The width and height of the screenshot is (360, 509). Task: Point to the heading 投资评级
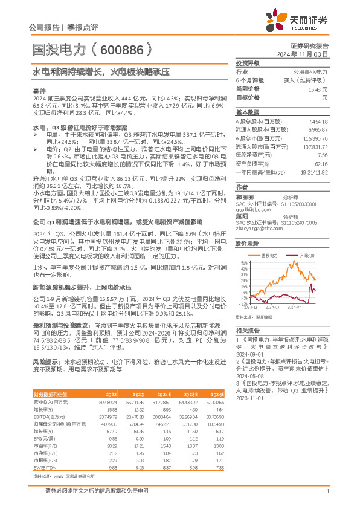tap(247, 63)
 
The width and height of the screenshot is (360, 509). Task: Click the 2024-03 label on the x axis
tap(272, 308)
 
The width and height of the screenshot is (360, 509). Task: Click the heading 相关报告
tap(247, 331)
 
